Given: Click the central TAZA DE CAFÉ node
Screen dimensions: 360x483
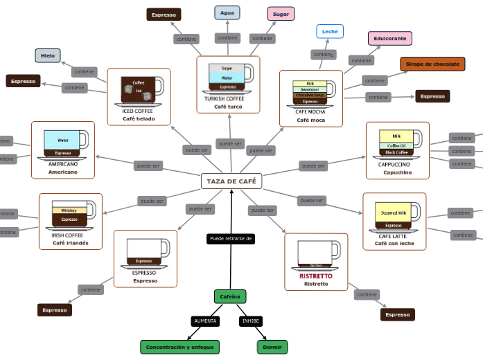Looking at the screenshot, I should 231,181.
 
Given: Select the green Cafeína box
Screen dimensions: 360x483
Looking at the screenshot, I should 230,296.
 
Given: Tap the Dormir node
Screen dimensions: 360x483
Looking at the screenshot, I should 272,347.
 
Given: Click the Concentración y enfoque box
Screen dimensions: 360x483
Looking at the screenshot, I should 180,347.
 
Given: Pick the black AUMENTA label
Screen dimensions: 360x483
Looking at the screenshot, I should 205,321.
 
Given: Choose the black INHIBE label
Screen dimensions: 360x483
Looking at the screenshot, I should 251,321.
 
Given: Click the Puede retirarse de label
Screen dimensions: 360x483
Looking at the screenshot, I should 231,239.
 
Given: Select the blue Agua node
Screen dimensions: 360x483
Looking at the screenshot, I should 227,12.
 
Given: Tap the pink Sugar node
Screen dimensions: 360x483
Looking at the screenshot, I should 281,14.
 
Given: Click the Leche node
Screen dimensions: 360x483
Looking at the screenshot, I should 330,31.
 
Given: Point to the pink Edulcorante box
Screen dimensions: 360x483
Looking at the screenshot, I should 390,39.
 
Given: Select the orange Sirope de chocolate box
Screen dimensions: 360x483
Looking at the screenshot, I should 432,64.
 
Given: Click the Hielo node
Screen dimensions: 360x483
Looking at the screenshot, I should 48,55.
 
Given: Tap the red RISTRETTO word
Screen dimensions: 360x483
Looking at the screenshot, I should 316,276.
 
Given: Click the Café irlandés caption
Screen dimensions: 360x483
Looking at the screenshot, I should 70,243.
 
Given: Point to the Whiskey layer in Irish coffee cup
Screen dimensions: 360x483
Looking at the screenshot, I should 69,210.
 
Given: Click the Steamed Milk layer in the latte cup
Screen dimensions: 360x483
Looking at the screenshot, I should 394,213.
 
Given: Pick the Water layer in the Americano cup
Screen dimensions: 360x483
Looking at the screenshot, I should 62,140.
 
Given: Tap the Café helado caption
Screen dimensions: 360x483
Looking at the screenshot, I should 139,118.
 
